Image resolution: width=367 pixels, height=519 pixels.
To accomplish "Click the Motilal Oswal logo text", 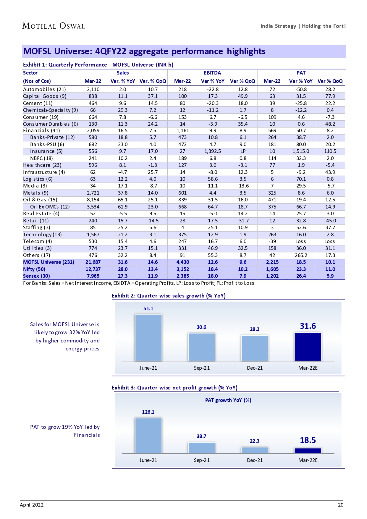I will pos(54,26).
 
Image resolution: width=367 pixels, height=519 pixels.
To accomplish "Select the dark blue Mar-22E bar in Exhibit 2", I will pos(308,347).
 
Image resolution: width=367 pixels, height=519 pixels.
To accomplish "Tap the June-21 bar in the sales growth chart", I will pos(148,337).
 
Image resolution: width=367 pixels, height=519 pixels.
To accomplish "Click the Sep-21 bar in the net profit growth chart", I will pos(201,448).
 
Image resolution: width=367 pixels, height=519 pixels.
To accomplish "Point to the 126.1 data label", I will pos(148,412).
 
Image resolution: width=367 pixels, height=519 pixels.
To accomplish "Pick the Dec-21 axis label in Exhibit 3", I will pos(255,460).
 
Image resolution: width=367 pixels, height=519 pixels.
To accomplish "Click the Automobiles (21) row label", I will pos(44,89).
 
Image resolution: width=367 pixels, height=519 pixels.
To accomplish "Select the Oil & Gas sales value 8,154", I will pos(93,200).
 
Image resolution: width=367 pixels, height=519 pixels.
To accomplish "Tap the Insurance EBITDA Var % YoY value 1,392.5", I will pos(212,151).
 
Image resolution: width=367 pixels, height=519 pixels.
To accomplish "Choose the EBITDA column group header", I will pos(212,73).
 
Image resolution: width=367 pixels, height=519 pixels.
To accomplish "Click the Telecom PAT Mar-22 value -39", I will pos(272,241).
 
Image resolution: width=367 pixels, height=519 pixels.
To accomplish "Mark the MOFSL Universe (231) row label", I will pos(48,262).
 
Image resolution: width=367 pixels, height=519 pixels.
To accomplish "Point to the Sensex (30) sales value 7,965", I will pos(93,276).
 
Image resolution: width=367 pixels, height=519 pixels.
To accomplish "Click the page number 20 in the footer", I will pos(341,505).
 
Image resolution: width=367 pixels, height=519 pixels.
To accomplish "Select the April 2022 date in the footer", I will pos(32,505).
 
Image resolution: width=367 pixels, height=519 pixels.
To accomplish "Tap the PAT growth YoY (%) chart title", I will pos(228,400).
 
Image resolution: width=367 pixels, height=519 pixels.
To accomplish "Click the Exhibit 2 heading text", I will pos(169,296).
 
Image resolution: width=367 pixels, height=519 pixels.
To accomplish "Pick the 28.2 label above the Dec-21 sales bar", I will pos(255,329).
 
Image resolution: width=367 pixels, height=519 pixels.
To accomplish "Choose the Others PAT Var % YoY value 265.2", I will pos(301,255).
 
